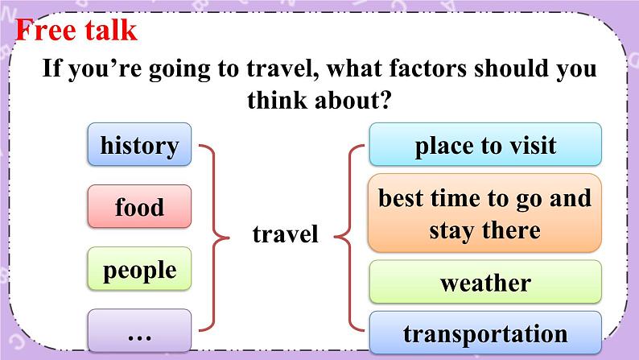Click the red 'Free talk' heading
(76, 30)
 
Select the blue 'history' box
(139, 144)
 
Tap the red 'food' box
(139, 206)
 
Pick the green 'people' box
(139, 269)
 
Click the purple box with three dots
(139, 330)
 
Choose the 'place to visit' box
(485, 144)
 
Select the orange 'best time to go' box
(484, 213)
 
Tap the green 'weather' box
(485, 282)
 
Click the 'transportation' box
(485, 333)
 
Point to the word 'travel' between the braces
(285, 234)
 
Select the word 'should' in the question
(510, 68)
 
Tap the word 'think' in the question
(277, 100)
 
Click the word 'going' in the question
(179, 70)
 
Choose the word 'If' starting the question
(51, 68)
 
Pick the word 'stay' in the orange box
(452, 232)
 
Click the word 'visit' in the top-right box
(534, 145)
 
